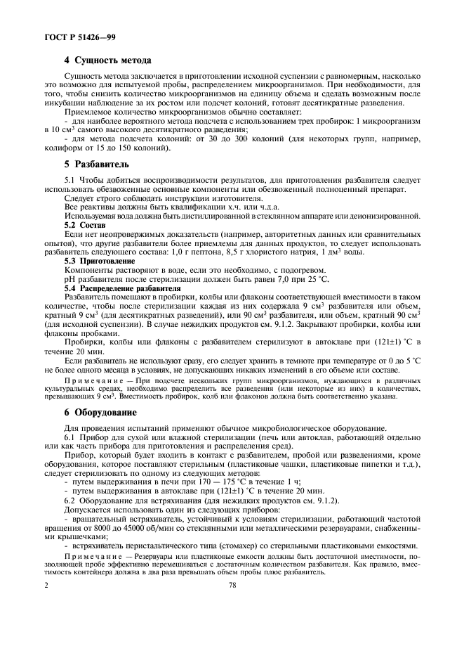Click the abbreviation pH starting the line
(x=69, y=280)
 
